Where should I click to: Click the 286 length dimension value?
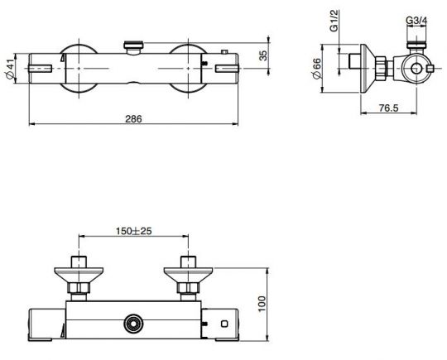[x=133, y=118]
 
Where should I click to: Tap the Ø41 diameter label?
[x=10, y=69]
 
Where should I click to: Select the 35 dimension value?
[x=263, y=55]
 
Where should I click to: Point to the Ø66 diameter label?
[x=317, y=69]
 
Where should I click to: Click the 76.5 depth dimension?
[x=388, y=108]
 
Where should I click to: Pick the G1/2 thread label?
[x=334, y=21]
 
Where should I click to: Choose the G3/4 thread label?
[x=416, y=21]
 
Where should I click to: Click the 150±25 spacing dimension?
[x=134, y=231]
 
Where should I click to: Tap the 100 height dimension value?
[x=262, y=304]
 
